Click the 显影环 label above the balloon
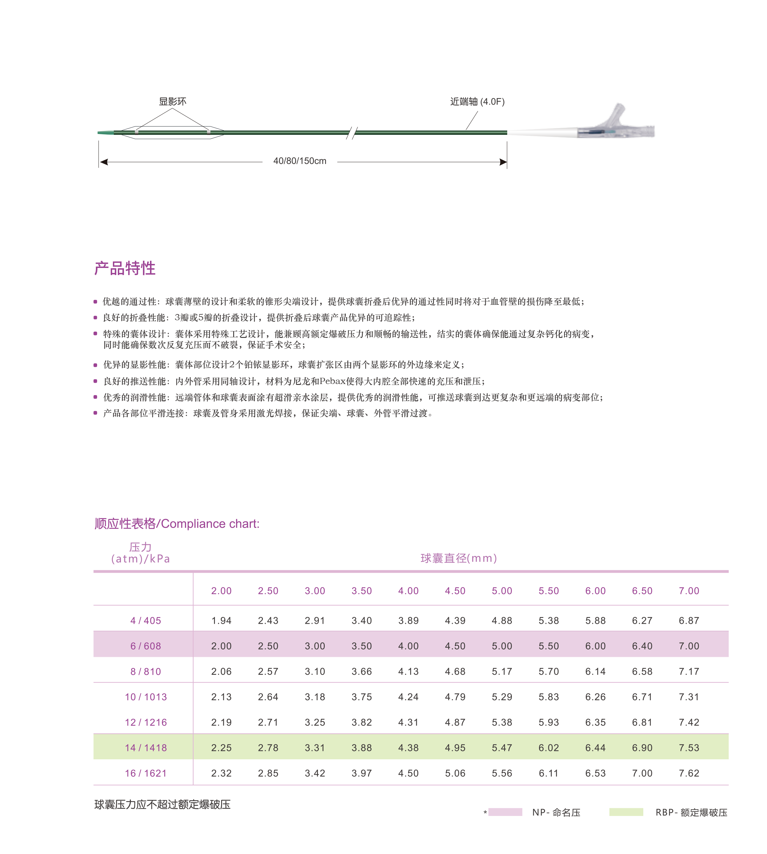point(172,101)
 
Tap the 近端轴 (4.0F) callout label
point(477,101)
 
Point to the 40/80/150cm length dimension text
point(300,161)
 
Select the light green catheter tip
point(106,133)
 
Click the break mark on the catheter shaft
point(352,133)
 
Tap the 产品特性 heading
point(125,268)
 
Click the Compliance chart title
point(177,524)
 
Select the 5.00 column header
point(502,591)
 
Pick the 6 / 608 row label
point(145,646)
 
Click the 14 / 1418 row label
point(145,748)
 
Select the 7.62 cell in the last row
point(689,774)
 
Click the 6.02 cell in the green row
point(549,748)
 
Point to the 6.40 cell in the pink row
point(642,646)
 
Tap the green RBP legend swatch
point(626,812)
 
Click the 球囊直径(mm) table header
point(459,558)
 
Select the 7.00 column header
point(689,591)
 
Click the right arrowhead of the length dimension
point(503,162)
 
